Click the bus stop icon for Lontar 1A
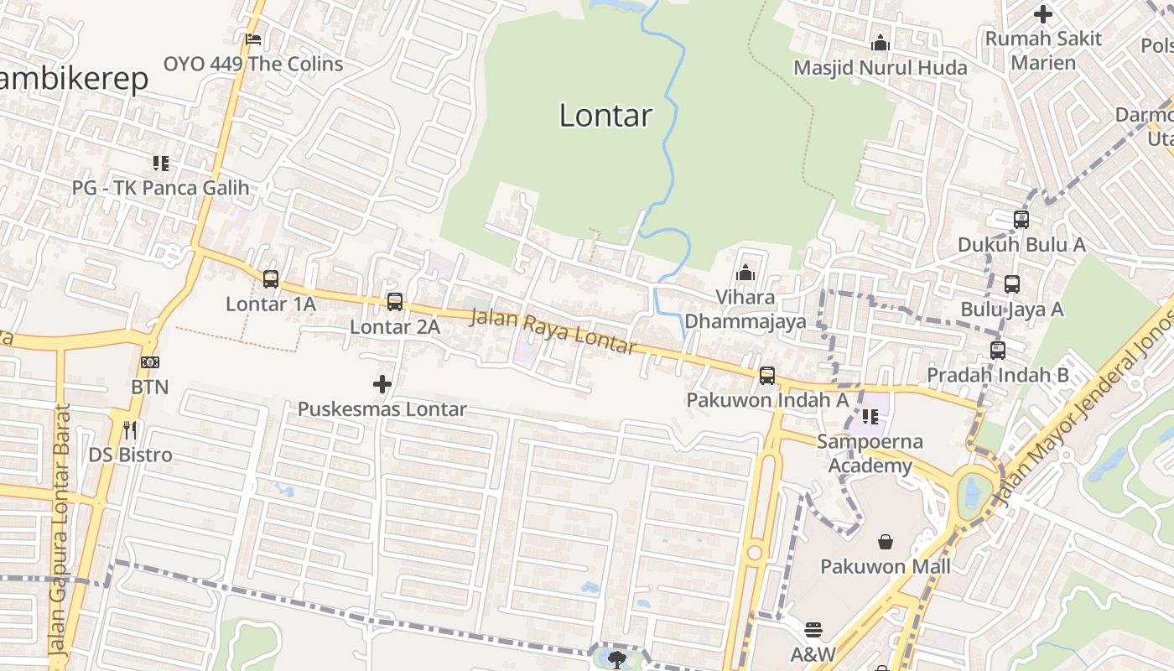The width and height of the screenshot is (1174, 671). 271,279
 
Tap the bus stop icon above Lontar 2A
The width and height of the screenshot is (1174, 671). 395,302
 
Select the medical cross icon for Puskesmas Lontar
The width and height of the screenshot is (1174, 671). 382,384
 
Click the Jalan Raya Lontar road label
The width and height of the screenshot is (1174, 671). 553,332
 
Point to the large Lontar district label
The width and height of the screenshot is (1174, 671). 605,116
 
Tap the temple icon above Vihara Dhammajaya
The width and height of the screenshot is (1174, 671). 745,273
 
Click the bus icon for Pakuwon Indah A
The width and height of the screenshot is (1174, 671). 767,376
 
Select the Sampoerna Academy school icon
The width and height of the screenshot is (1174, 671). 870,416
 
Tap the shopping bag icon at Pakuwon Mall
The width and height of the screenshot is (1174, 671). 886,542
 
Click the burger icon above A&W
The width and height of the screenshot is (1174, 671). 813,629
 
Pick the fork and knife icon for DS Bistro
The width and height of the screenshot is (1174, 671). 130,430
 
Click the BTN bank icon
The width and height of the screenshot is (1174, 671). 150,362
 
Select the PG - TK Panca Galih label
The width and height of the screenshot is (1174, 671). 161,187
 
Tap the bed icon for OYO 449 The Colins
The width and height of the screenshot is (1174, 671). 253,39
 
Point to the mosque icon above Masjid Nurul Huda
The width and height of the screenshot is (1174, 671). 880,42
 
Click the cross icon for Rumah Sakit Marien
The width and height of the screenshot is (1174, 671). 1043,14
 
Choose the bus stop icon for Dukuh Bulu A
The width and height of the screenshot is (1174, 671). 1021,220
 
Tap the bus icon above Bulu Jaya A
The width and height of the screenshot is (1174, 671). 1012,284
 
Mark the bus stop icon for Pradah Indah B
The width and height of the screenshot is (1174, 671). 998,351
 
